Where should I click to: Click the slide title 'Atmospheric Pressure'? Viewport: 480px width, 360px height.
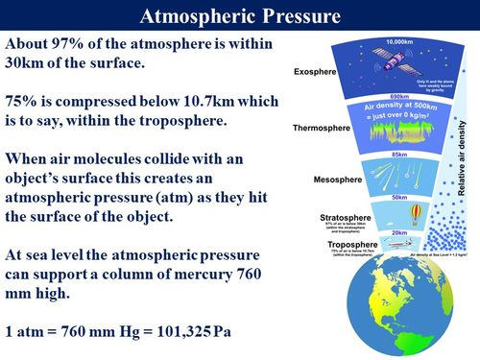pos(239,15)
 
